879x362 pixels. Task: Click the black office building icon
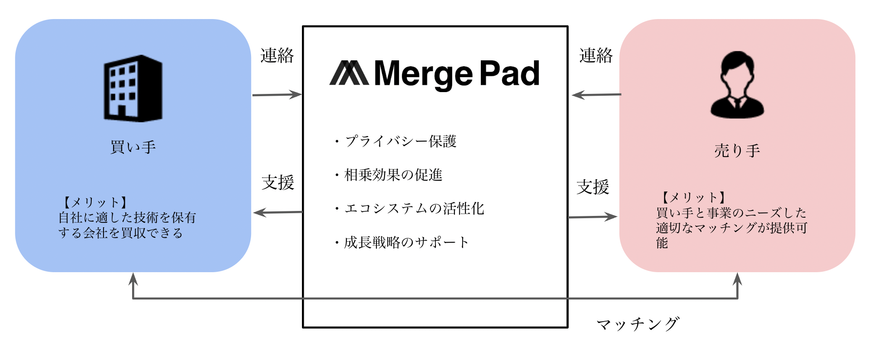click(133, 88)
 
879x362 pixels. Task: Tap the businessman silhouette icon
click(737, 85)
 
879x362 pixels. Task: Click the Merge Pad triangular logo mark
click(349, 73)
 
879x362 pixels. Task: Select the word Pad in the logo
click(509, 73)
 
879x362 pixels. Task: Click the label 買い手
click(133, 147)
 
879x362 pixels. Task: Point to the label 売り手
click(737, 151)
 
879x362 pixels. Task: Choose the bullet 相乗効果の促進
click(393, 175)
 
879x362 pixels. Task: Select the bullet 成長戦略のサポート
click(406, 242)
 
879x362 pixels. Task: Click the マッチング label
click(638, 324)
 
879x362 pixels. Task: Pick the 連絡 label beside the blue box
click(277, 56)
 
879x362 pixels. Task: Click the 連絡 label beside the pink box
click(596, 56)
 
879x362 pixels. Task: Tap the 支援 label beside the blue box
click(278, 183)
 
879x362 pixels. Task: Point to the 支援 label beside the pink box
click(593, 187)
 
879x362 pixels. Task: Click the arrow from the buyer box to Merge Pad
click(277, 95)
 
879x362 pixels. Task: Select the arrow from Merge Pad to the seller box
click(593, 217)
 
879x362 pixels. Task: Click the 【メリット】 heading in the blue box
click(94, 202)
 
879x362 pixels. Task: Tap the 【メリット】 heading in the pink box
click(692, 197)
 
